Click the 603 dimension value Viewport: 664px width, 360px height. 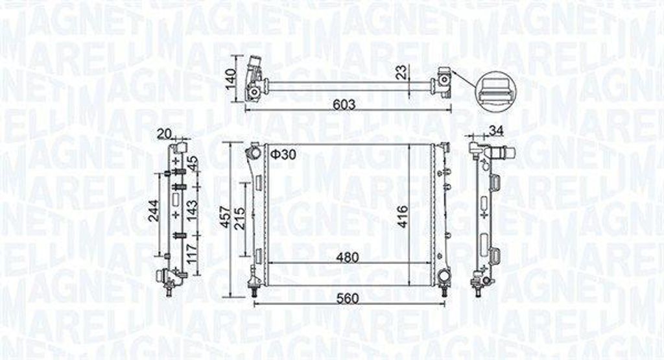tap(344, 104)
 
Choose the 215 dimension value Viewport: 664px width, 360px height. tap(239, 220)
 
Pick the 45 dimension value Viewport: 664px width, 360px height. tap(193, 163)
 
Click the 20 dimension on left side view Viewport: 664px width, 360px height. tap(165, 134)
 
